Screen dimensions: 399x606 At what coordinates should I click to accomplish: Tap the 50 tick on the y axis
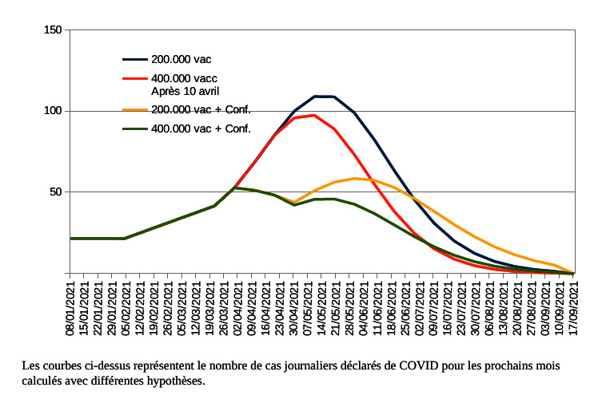[x=54, y=192]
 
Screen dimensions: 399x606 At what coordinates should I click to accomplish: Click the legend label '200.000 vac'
[x=181, y=59]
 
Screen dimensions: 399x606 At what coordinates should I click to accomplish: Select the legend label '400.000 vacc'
[x=184, y=79]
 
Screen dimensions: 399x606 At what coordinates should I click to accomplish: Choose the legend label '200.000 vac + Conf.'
[x=201, y=109]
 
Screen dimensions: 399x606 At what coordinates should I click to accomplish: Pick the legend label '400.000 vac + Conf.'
[x=201, y=128]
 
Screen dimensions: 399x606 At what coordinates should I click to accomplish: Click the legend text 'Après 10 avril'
[x=185, y=91]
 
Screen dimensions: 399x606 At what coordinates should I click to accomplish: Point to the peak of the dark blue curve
[x=324, y=96]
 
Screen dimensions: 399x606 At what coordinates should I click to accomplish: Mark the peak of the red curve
[x=314, y=115]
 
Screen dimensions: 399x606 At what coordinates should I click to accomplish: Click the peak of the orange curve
[x=354, y=178]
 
